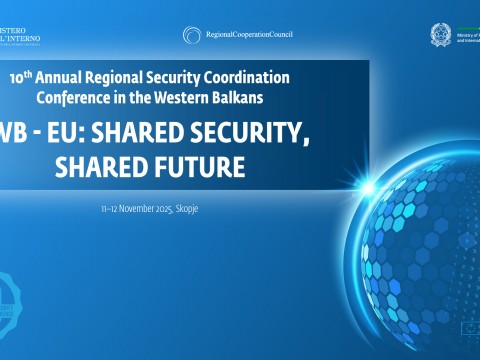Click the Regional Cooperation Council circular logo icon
193,35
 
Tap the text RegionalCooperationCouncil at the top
249,35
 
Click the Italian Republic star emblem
440,34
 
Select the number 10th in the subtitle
18,78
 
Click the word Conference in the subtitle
72,97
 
